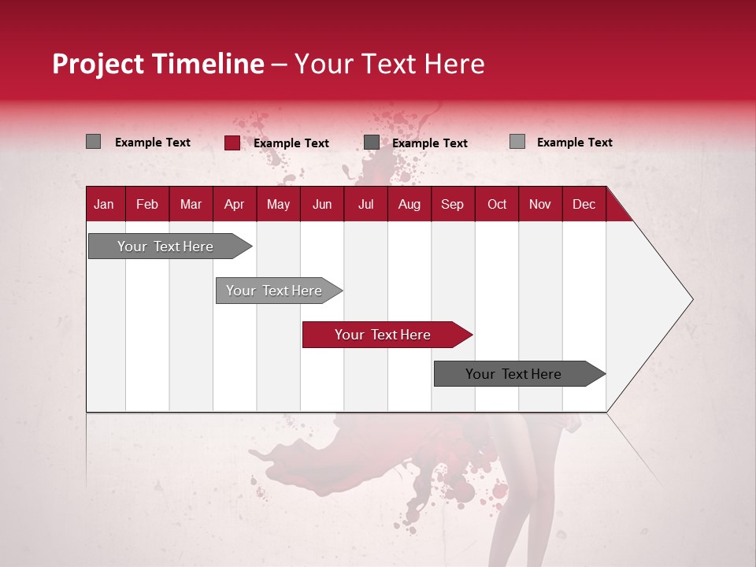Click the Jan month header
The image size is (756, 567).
[x=105, y=204]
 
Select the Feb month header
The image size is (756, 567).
[x=147, y=204]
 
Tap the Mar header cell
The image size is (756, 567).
[x=191, y=204]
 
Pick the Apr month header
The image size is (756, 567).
[x=235, y=204]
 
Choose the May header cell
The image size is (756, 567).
[x=278, y=204]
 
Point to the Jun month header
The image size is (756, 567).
[x=322, y=204]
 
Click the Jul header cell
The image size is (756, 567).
[x=365, y=204]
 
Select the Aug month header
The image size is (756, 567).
[x=409, y=204]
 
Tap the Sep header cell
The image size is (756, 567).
[x=452, y=204]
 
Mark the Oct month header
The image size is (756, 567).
[x=497, y=204]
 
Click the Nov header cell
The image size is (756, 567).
[x=540, y=204]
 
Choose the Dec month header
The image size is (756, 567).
[x=584, y=204]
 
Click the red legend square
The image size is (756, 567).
[x=232, y=143]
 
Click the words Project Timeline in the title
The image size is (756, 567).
[x=158, y=64]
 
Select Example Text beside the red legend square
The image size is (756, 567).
[x=291, y=143]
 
